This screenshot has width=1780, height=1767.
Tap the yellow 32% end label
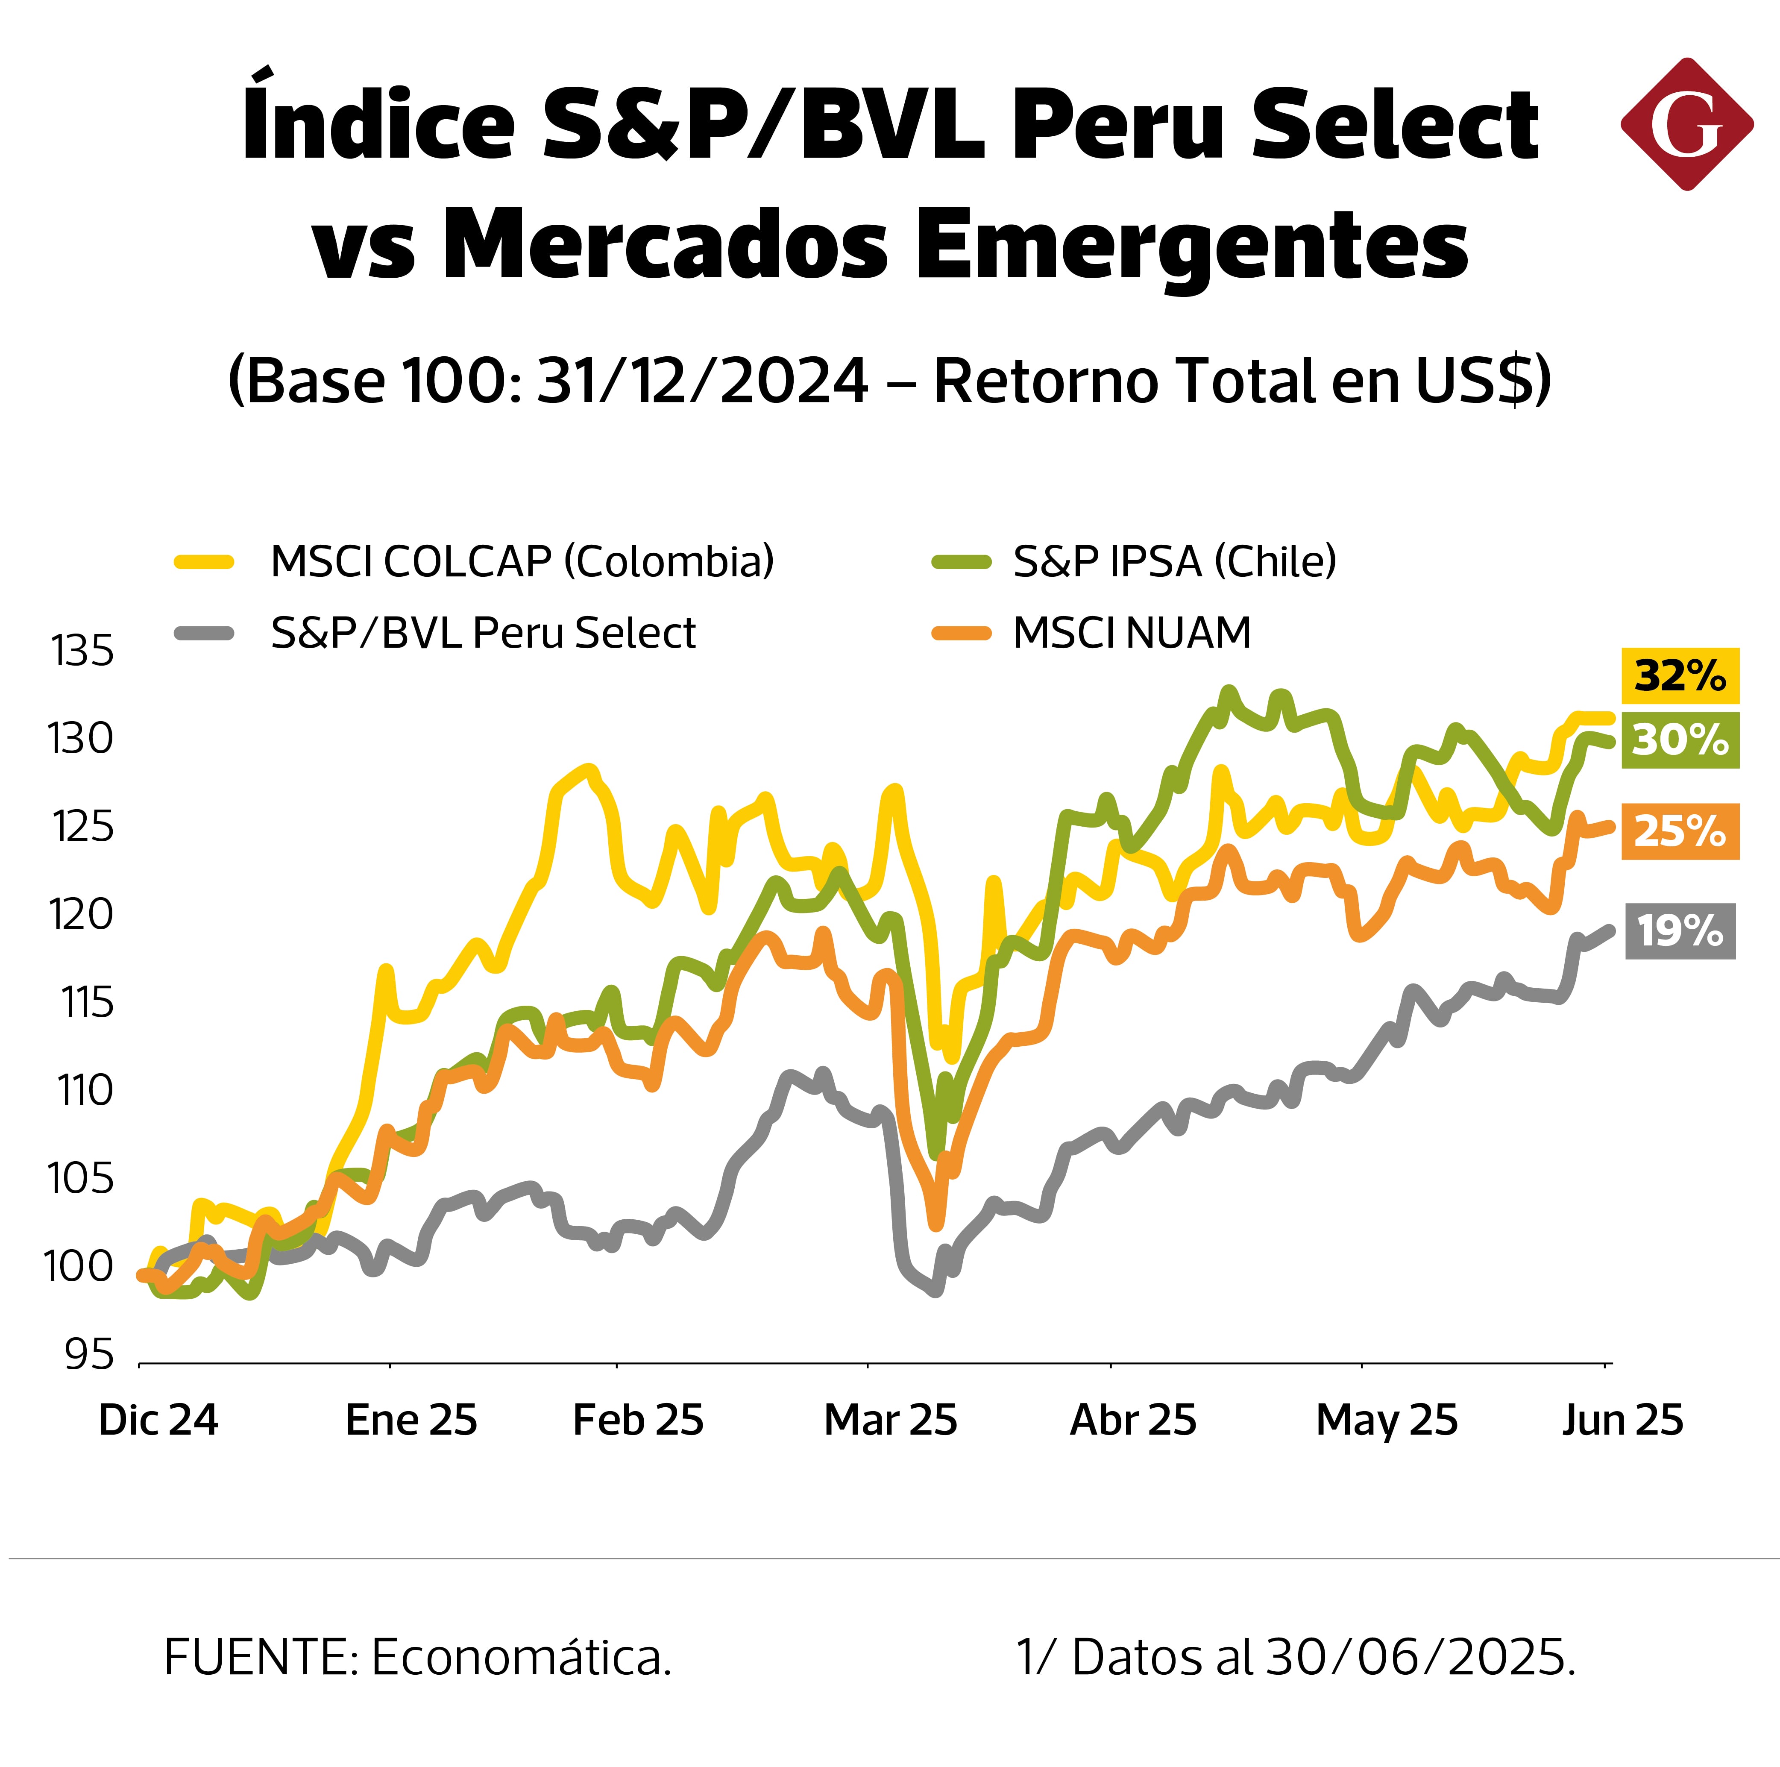(1680, 676)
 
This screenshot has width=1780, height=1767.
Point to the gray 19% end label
(1680, 931)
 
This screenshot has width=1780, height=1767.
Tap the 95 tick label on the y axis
(89, 1354)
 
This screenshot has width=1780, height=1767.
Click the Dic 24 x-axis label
(158, 1420)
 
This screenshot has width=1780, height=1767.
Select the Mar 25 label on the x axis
(890, 1420)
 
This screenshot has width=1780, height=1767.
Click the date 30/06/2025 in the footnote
(1420, 1658)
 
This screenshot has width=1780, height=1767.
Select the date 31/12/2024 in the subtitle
(702, 381)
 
